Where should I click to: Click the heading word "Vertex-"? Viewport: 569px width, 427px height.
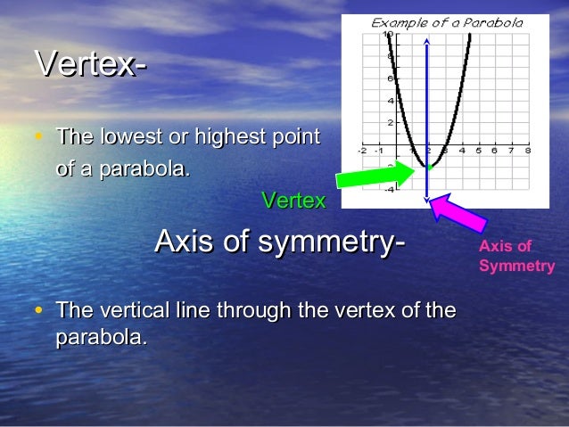(90, 64)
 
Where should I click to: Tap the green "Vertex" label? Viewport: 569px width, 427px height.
(293, 201)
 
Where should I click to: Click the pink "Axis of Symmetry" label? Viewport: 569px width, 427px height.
(516, 256)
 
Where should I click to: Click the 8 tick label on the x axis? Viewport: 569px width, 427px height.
(528, 151)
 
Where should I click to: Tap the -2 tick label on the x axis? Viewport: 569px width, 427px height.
(361, 151)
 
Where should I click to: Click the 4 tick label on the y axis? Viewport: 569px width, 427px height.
(390, 100)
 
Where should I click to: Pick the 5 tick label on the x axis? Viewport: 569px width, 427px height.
(478, 151)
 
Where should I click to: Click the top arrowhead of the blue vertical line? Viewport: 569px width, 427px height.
(427, 41)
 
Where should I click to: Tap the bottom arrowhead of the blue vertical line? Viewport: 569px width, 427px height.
(427, 199)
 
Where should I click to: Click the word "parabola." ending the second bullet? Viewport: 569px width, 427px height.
(101, 338)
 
